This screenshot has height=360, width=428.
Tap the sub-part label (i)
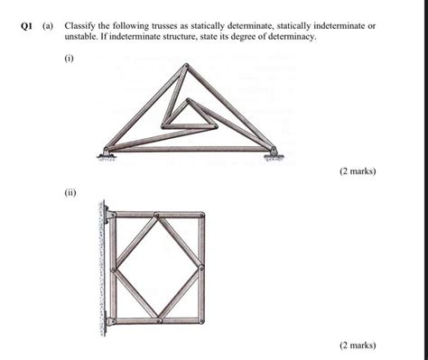click(x=69, y=60)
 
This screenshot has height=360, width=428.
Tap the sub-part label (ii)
click(x=70, y=192)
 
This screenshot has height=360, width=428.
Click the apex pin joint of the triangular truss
click(x=185, y=65)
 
